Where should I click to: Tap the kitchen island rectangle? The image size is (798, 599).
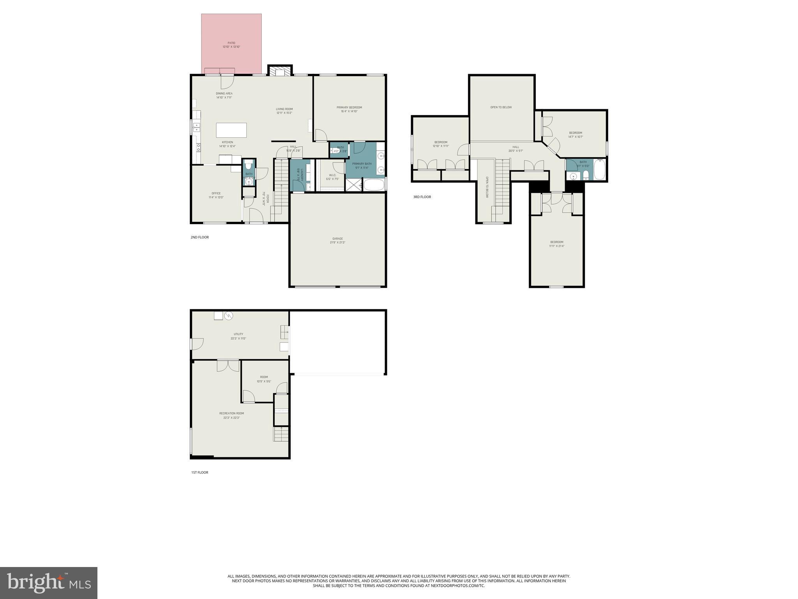[x=231, y=130]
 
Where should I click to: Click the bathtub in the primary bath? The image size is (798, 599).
[x=373, y=184]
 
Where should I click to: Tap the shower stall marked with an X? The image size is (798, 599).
[x=353, y=184]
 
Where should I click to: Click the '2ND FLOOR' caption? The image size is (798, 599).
[x=199, y=237]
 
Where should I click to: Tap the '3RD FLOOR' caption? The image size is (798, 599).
[x=422, y=197]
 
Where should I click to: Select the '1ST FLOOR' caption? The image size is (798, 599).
[x=199, y=472]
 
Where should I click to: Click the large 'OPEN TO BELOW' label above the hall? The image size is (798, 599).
[x=501, y=107]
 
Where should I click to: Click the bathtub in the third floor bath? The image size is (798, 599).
[x=600, y=170]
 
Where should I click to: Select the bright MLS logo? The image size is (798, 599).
[x=49, y=583]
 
